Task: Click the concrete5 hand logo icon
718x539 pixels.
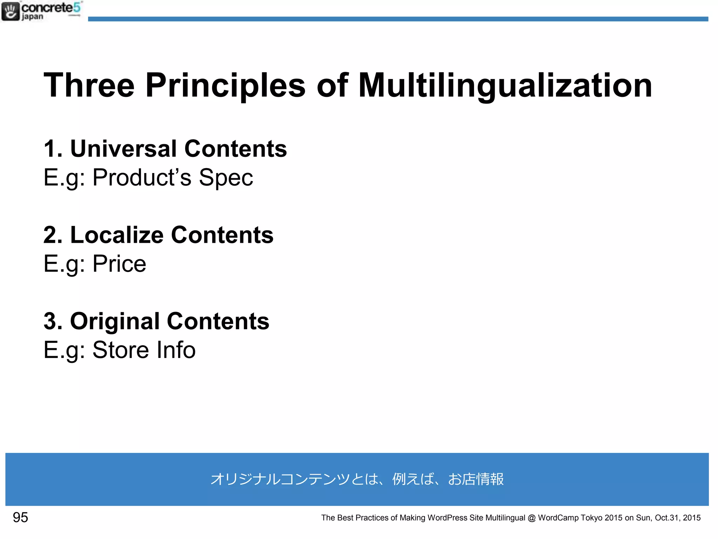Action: (11, 11)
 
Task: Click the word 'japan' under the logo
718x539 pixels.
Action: (32, 17)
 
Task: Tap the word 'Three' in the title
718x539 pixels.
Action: (89, 85)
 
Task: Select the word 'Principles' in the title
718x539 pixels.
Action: (225, 85)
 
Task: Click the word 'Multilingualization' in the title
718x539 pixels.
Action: (505, 85)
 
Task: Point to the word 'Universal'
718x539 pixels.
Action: (123, 148)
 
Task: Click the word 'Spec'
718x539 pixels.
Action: (226, 178)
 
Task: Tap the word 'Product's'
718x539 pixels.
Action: (142, 178)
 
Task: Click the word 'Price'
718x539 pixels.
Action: (119, 264)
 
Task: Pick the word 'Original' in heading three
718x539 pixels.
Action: (115, 321)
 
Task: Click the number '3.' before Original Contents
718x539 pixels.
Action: (53, 321)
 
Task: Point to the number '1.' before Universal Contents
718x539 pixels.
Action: (53, 148)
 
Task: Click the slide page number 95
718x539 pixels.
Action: (20, 518)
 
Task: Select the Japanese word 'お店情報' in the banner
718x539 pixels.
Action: (476, 479)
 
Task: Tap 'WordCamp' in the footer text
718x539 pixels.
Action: (558, 518)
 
